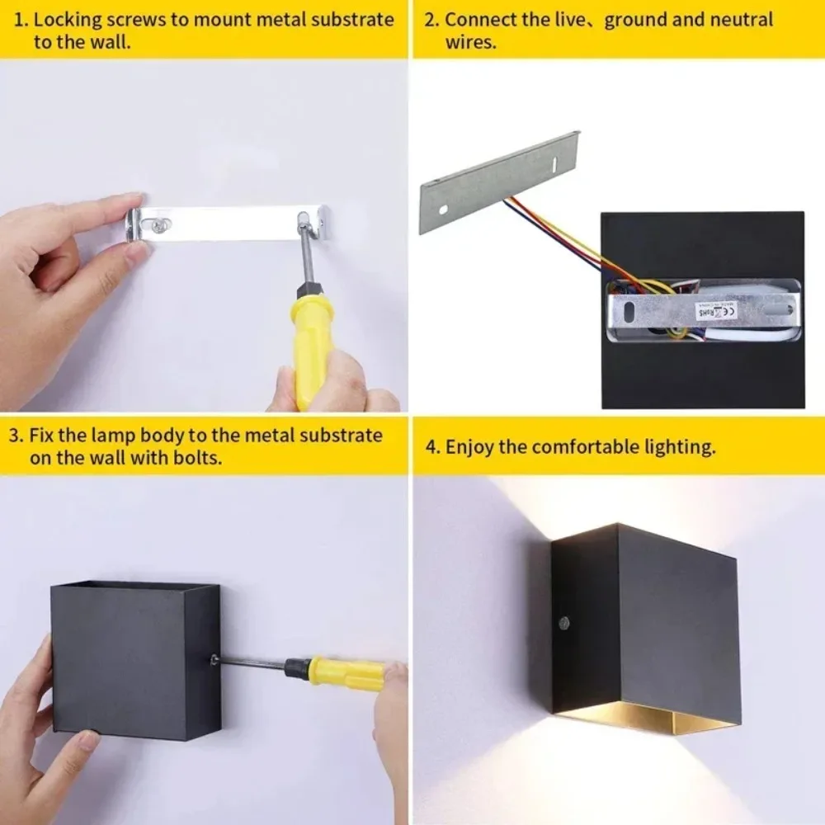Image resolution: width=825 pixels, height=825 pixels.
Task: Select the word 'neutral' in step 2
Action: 743,19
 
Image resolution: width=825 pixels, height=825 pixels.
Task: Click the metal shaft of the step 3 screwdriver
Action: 252,662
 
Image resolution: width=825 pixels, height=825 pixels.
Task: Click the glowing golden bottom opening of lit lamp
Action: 652,719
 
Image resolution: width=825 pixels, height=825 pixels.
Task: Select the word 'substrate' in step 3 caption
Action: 342,435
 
